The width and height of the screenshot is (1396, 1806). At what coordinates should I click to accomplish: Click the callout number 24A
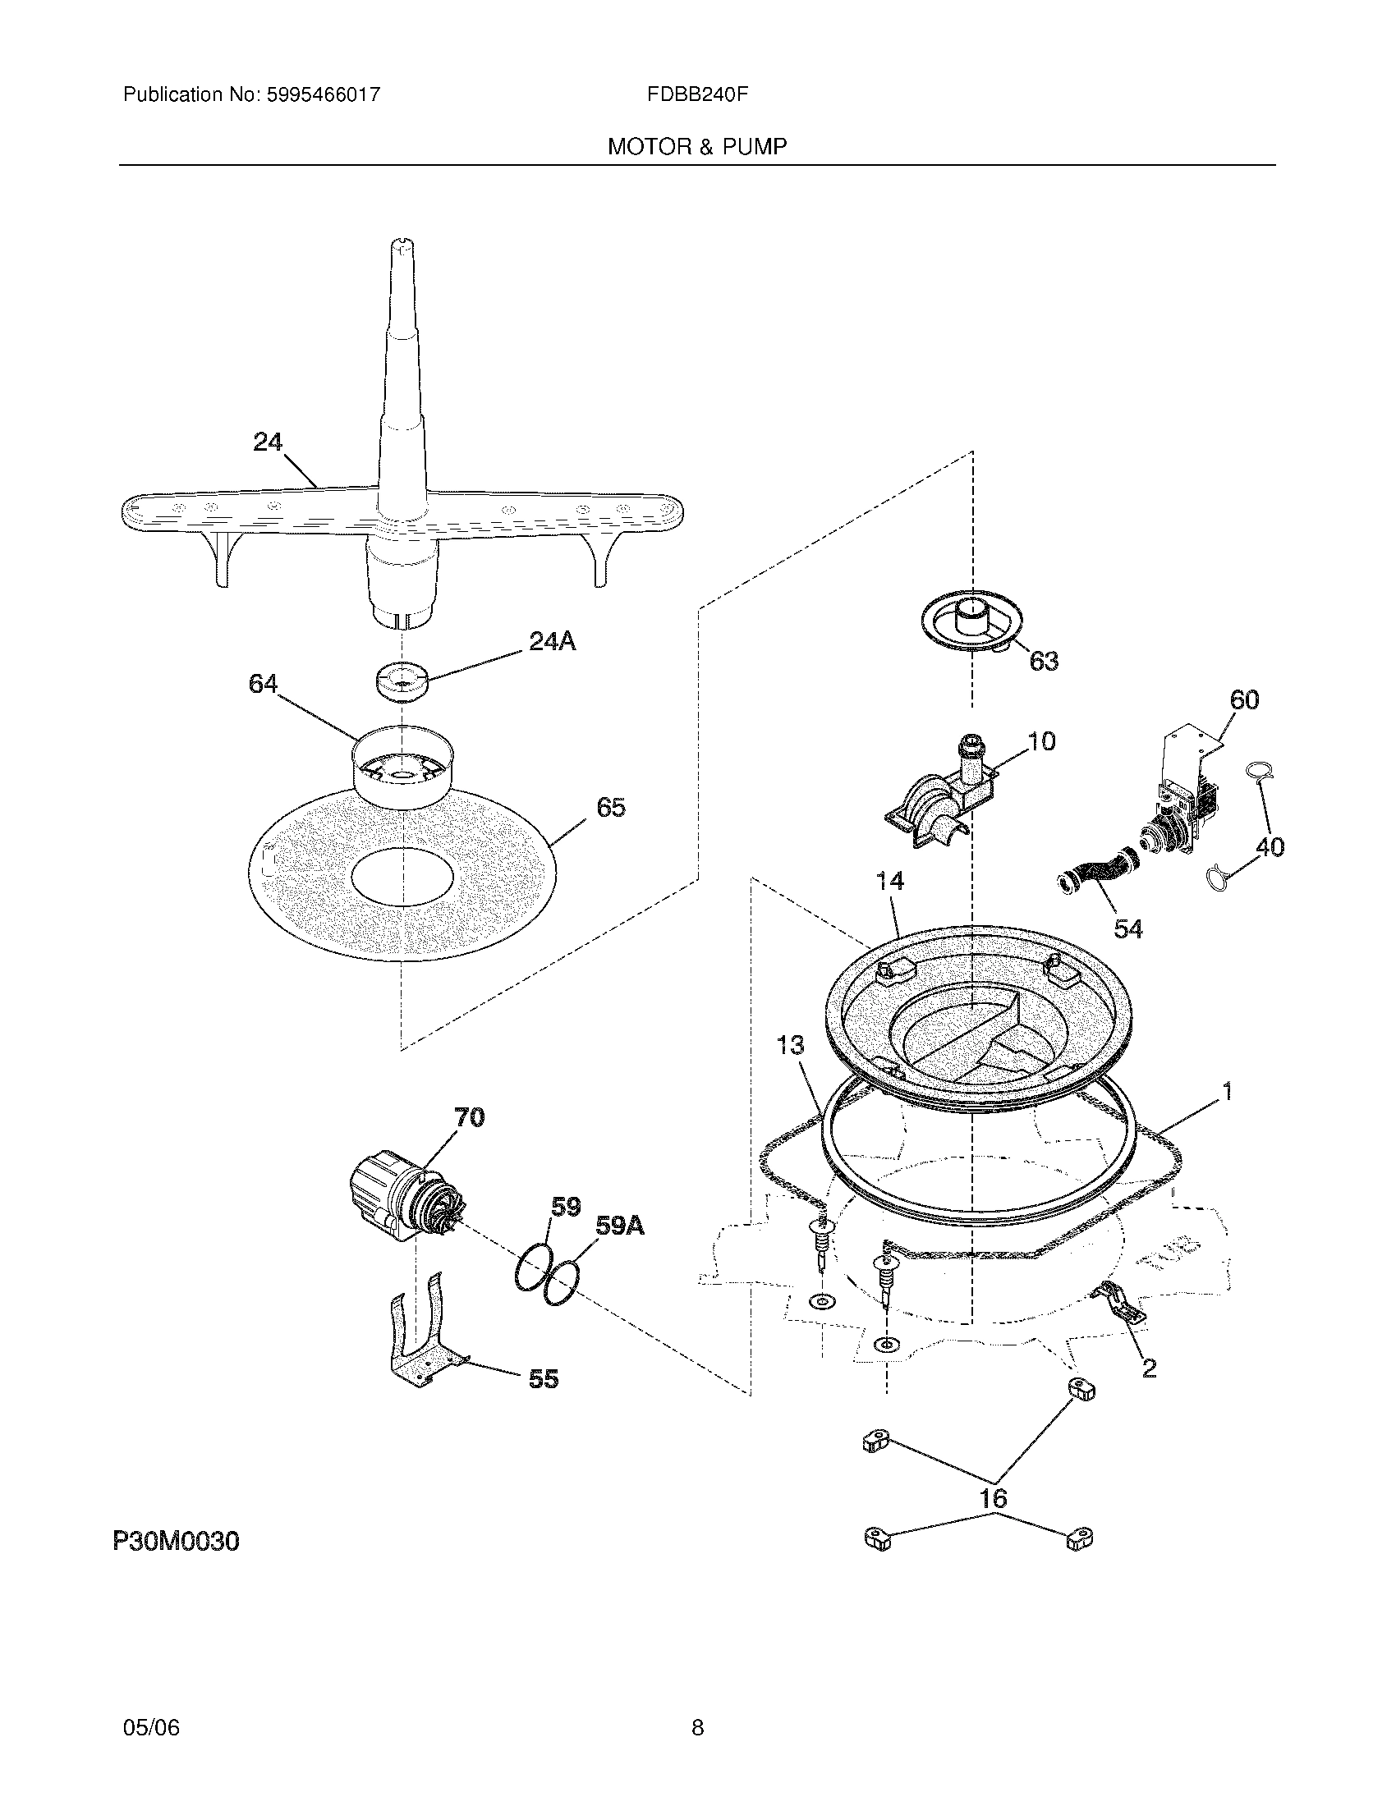click(x=552, y=641)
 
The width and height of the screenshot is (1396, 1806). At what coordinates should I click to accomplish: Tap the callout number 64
click(x=263, y=684)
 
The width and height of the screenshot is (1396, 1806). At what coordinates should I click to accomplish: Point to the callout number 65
click(x=610, y=807)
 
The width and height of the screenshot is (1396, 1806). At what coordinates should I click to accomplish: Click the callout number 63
click(x=1044, y=661)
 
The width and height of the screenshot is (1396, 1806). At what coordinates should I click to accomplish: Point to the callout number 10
click(x=1042, y=741)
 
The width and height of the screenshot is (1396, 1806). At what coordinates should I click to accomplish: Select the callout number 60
click(x=1244, y=699)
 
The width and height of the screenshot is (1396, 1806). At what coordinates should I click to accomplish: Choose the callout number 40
click(x=1270, y=847)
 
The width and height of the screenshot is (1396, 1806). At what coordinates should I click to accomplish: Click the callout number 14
click(x=890, y=881)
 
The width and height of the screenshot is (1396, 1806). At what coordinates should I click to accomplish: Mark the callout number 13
click(x=791, y=1046)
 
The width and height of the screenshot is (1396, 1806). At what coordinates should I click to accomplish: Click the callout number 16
click(x=994, y=1498)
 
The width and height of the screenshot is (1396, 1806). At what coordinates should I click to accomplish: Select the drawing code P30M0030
click(x=177, y=1542)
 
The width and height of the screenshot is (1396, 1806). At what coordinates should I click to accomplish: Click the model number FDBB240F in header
click(x=697, y=94)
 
